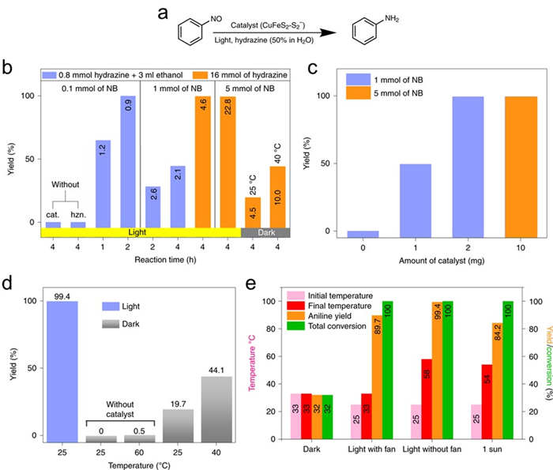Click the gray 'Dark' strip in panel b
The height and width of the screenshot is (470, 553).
tap(266, 232)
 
